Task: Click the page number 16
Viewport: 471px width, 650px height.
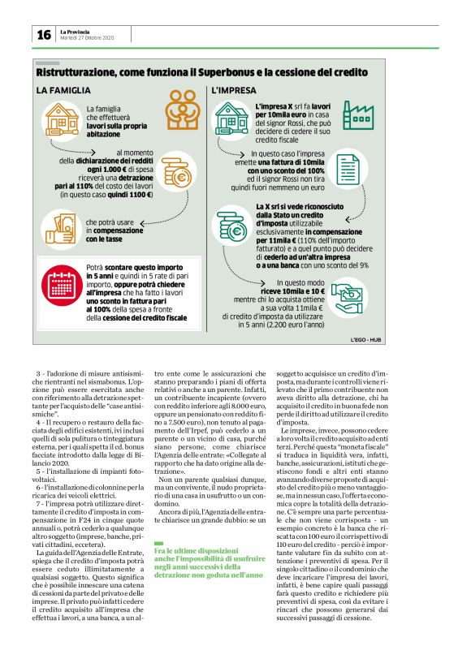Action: click(43, 35)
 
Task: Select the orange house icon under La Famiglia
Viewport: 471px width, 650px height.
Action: click(64, 118)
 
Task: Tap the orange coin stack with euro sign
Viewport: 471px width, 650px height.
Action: click(178, 174)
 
